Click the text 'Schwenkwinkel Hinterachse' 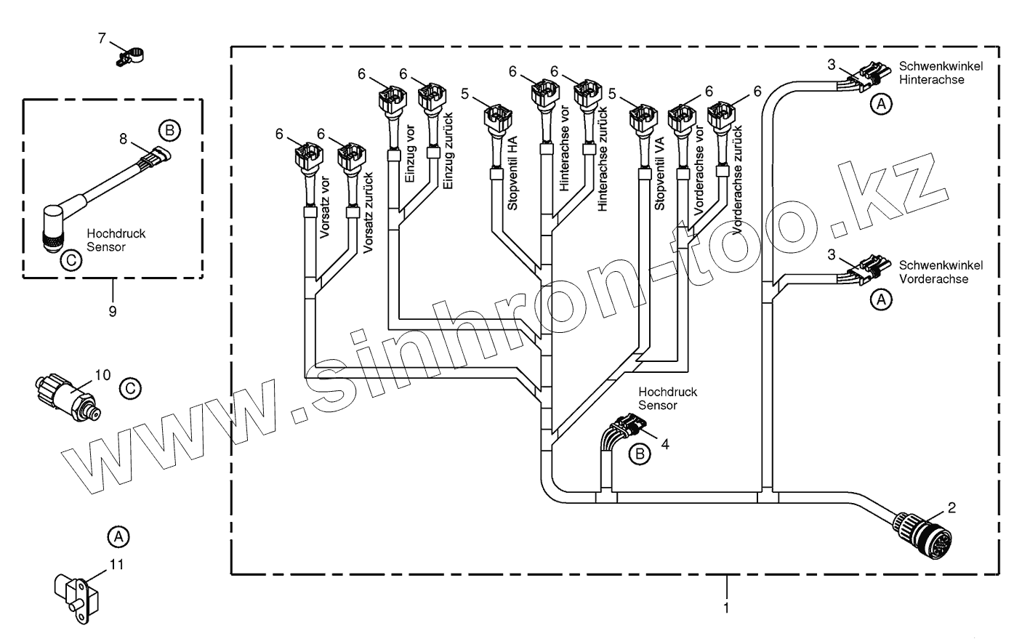pyautogui.click(x=941, y=73)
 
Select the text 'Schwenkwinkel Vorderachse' pyautogui.click(x=941, y=272)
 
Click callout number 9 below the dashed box pyautogui.click(x=112, y=311)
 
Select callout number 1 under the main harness pyautogui.click(x=726, y=605)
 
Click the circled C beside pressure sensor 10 pyautogui.click(x=129, y=389)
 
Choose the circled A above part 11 pyautogui.click(x=118, y=536)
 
